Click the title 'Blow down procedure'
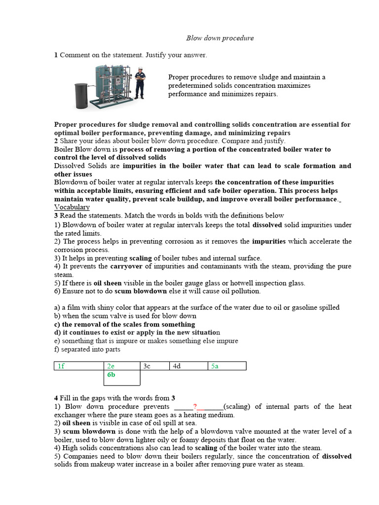click(220, 38)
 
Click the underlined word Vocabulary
click(72, 208)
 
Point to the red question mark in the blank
click(195, 407)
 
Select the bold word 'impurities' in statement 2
click(268, 242)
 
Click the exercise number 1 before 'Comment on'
click(56, 55)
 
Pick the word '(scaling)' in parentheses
click(239, 407)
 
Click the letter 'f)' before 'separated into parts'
click(57, 350)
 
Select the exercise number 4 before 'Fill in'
click(56, 398)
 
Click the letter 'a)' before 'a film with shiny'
click(57, 307)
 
